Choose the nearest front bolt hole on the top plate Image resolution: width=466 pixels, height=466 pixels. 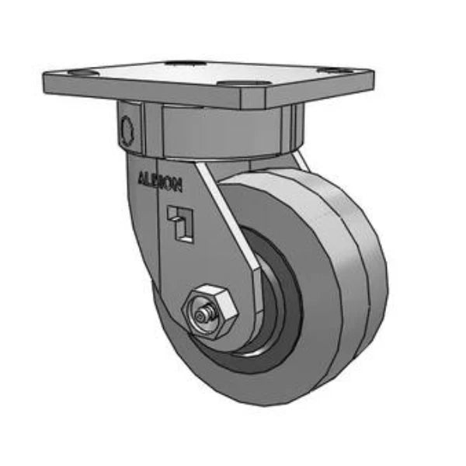click(x=233, y=82)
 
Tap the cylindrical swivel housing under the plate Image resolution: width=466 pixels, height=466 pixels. click(x=225, y=132)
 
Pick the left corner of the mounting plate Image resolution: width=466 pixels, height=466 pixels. click(x=47, y=76)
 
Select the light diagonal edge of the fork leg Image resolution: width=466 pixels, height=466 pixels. click(x=233, y=225)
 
